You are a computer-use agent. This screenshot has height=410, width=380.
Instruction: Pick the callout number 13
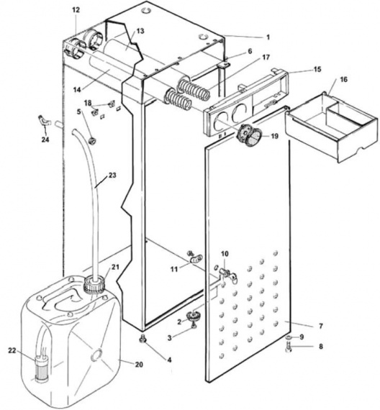pos(140,31)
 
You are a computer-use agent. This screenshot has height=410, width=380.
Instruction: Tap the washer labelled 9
pos(289,337)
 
